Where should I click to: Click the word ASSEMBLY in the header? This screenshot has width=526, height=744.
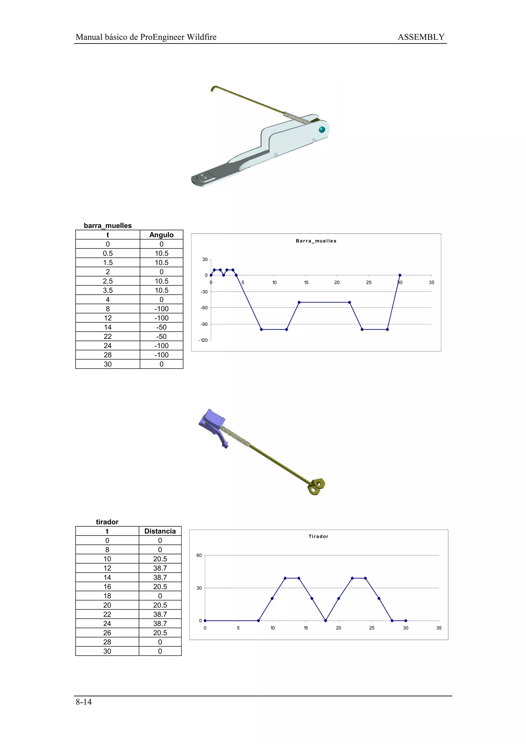(421, 37)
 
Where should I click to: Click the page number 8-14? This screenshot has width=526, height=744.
(84, 702)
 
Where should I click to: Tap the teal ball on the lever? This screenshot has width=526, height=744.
(322, 130)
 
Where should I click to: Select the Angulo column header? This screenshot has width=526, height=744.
(161, 235)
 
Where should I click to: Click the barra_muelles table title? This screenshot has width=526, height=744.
(108, 225)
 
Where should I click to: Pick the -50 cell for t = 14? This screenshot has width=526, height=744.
(161, 327)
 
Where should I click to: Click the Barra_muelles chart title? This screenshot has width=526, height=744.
(316, 241)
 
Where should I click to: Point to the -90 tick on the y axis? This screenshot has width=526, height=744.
(204, 324)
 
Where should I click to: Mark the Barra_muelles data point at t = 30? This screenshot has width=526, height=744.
(400, 275)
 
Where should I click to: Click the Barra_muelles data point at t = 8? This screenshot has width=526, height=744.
(261, 330)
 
